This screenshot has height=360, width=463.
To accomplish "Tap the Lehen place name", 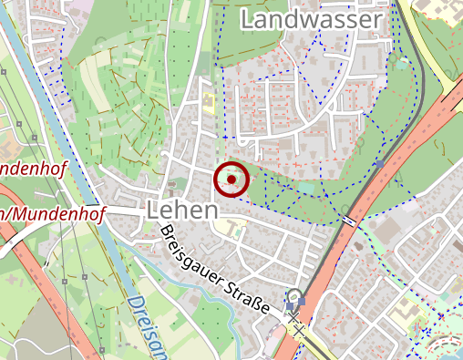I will (182, 211).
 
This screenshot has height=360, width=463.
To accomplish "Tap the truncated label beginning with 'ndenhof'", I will (31, 169).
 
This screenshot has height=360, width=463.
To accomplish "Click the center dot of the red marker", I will (231, 180).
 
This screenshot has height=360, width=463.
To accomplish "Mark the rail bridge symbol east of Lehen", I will (350, 221).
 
